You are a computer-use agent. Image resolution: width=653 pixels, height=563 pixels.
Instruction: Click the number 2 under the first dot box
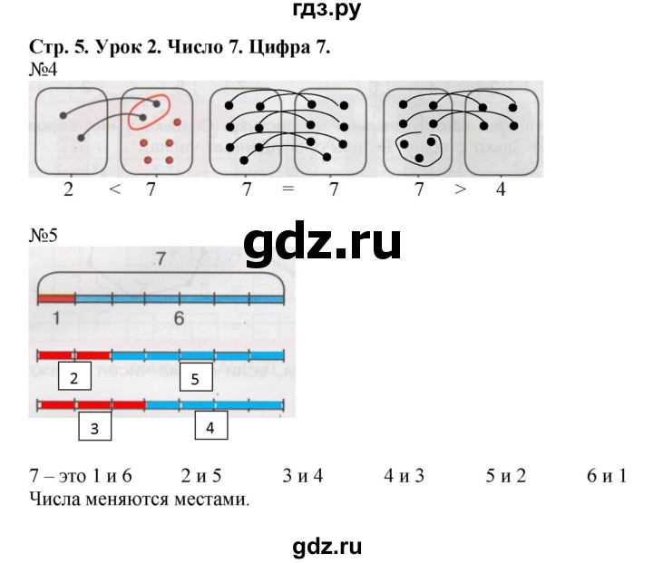69,191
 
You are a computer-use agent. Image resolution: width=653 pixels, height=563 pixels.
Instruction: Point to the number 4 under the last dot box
498,191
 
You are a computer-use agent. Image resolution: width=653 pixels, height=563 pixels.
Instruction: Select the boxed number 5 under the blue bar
196,377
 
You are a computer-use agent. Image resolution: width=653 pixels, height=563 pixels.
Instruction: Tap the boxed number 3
94,427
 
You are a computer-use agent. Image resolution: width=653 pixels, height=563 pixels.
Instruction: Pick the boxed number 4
210,427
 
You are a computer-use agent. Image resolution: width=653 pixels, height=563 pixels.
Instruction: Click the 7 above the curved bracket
161,260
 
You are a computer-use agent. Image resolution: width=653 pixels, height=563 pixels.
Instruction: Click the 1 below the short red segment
55,317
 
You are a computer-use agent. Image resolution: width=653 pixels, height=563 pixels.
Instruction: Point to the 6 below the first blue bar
179,317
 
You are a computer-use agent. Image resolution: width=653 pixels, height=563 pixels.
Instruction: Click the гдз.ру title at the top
326,14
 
